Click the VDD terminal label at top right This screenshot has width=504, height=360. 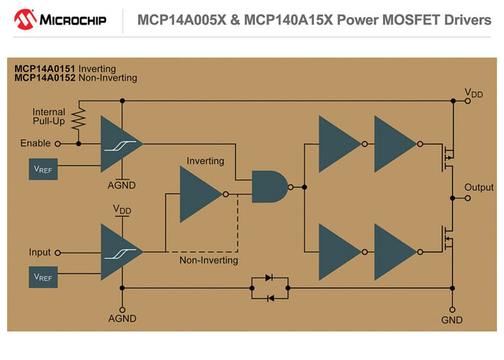[474, 93]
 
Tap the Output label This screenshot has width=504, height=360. [479, 187]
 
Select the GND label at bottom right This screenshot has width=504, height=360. [452, 320]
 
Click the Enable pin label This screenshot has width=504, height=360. [35, 143]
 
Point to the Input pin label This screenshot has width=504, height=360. [40, 253]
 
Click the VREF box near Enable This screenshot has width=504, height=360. [42, 168]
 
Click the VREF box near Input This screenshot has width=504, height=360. [42, 276]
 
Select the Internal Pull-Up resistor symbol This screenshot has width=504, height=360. [78, 116]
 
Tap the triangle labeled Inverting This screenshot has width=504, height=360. [201, 194]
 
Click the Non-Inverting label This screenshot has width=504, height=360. [208, 261]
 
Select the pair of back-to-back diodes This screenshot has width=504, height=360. [269, 288]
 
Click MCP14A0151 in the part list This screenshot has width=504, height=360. [45, 68]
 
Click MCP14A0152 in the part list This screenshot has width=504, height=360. [45, 78]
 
